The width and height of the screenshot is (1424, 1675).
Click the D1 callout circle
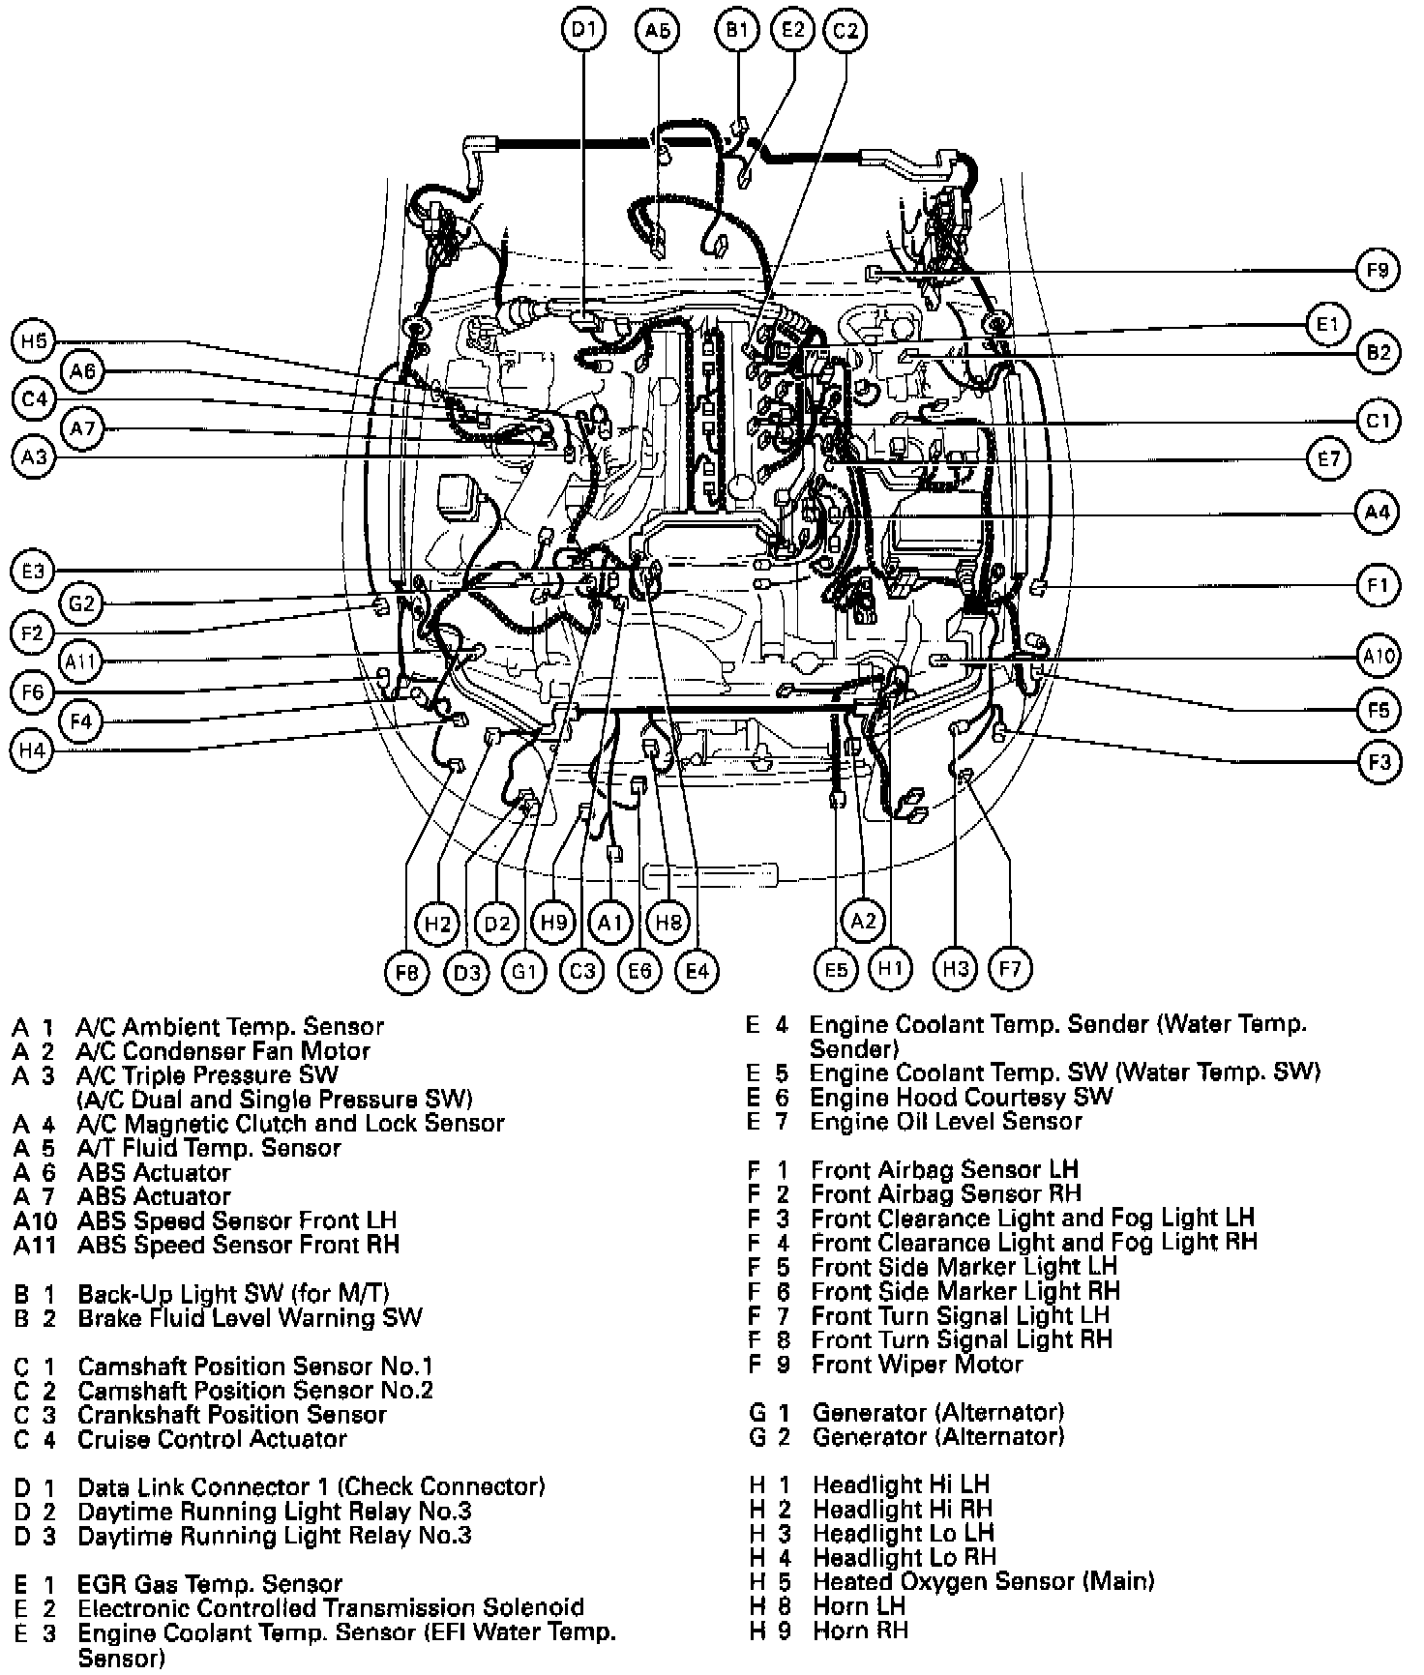pyautogui.click(x=583, y=29)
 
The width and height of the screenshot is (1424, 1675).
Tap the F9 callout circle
pyautogui.click(x=1378, y=271)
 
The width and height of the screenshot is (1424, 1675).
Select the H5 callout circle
pyautogui.click(x=34, y=341)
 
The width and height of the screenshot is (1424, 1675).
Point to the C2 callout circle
pyautogui.click(x=845, y=30)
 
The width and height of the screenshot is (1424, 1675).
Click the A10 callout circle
pyautogui.click(x=1378, y=658)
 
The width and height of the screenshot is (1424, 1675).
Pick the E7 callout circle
pyautogui.click(x=1329, y=457)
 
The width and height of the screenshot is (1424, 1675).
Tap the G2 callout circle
pyautogui.click(x=81, y=604)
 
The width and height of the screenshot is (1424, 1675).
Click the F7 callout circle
pyautogui.click(x=1010, y=969)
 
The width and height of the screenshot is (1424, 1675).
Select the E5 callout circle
pyautogui.click(x=837, y=970)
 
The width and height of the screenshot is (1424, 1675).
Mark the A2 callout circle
pyautogui.click(x=863, y=921)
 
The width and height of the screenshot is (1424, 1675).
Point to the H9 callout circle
pyautogui.click(x=554, y=923)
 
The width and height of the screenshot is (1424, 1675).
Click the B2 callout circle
pyautogui.click(x=1378, y=352)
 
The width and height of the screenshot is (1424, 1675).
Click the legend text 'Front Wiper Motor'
pyautogui.click(x=916, y=1365)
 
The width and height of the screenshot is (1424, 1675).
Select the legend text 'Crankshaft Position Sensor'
pyautogui.click(x=231, y=1415)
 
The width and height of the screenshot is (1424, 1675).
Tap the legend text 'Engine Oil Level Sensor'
pyautogui.click(x=945, y=1122)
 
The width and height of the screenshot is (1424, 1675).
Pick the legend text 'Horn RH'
pyautogui.click(x=860, y=1631)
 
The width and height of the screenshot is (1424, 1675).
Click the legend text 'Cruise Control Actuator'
pyautogui.click(x=211, y=1439)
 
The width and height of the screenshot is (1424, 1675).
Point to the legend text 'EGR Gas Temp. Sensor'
pyautogui.click(x=209, y=1584)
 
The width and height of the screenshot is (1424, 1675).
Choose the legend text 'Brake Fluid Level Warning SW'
pyautogui.click(x=250, y=1318)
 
